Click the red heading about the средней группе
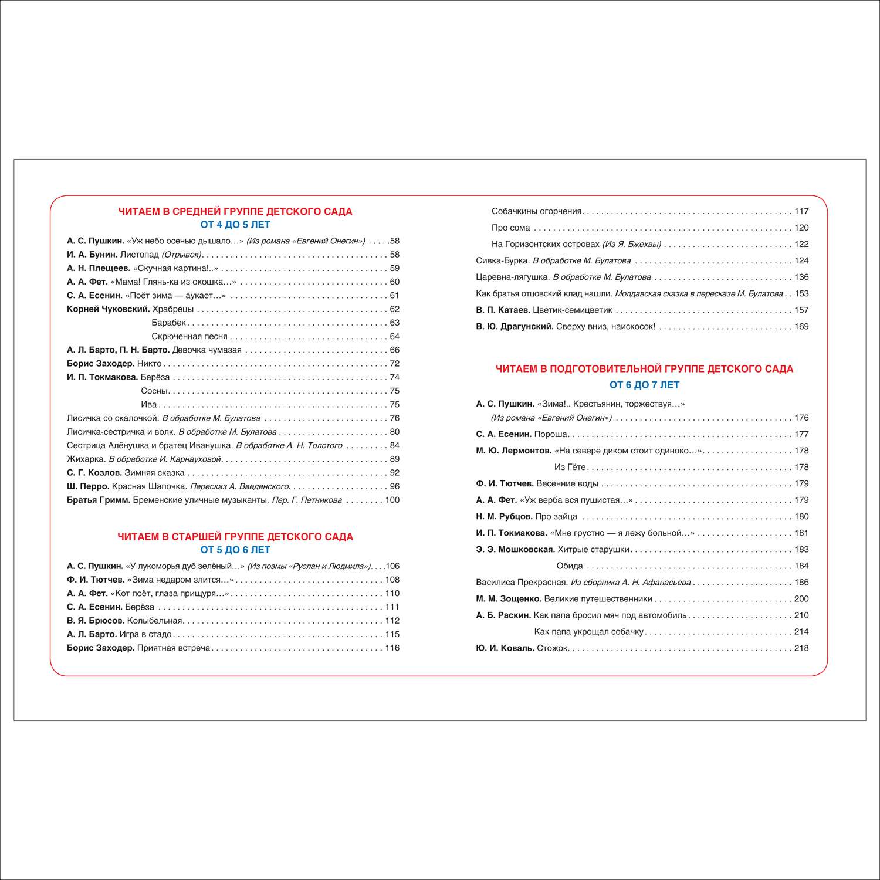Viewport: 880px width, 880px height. click(x=235, y=212)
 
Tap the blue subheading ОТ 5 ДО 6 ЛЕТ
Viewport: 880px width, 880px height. click(x=235, y=550)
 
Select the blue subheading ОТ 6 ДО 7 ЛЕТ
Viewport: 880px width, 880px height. click(x=644, y=385)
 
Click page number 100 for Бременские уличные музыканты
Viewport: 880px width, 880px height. click(x=392, y=500)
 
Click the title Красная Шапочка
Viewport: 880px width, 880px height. click(x=149, y=486)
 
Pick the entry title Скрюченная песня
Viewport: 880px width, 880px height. click(x=189, y=336)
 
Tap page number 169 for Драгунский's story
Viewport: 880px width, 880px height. click(x=801, y=326)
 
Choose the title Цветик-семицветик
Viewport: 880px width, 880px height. click(x=572, y=310)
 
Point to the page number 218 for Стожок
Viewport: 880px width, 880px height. click(x=801, y=648)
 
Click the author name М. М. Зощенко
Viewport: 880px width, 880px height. click(x=509, y=598)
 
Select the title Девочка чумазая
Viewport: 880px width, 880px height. click(x=207, y=350)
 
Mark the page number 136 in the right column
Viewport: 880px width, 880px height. click(x=801, y=277)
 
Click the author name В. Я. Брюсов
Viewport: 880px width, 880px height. click(x=96, y=621)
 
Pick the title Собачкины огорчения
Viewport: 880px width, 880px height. click(x=536, y=211)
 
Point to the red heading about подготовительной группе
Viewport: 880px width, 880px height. click(x=644, y=369)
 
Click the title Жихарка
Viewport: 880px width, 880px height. click(x=86, y=459)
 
